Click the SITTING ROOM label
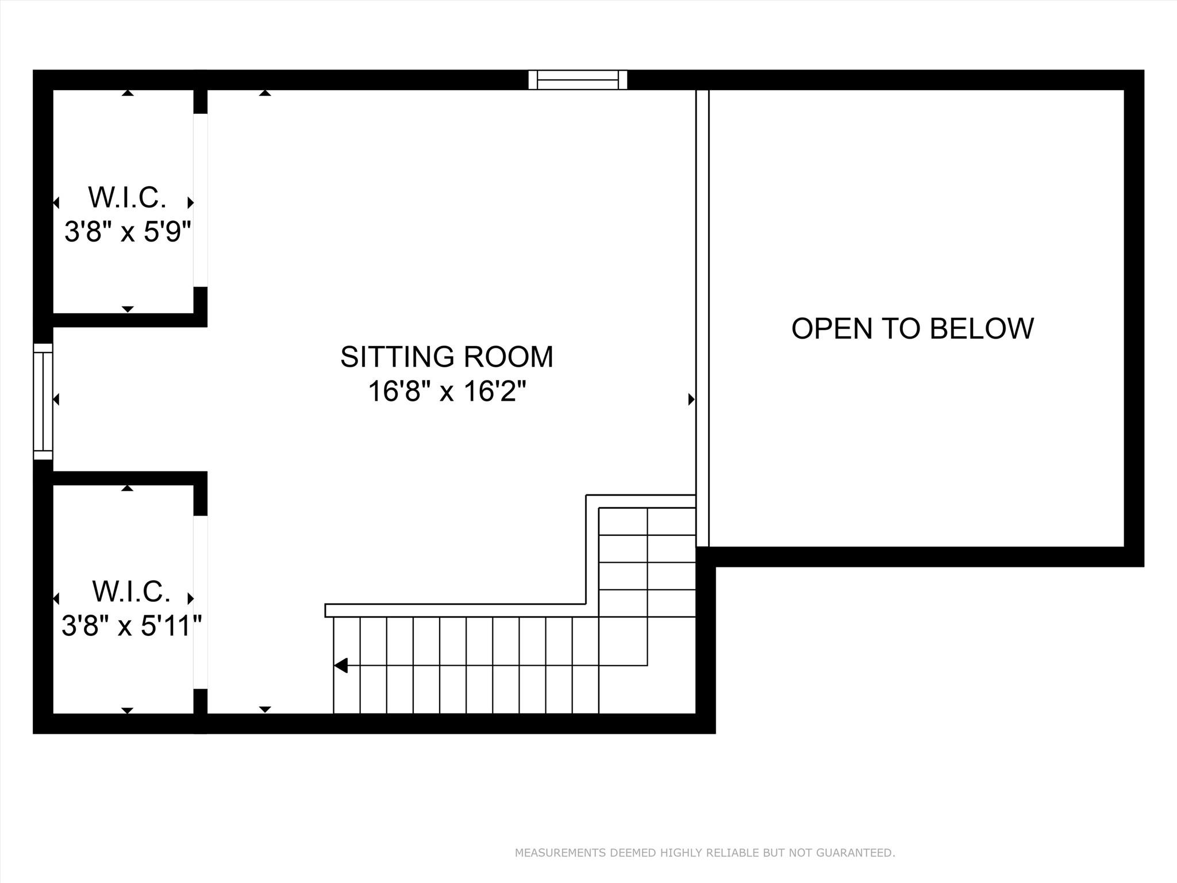pyautogui.click(x=447, y=357)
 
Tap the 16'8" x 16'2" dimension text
pyautogui.click(x=447, y=392)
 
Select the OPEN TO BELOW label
pyautogui.click(x=912, y=329)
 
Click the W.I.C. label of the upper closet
pyautogui.click(x=127, y=198)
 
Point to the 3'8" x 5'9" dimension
pyautogui.click(x=127, y=232)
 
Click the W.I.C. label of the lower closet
pyautogui.click(x=131, y=591)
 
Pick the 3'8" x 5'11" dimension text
pyautogui.click(x=132, y=625)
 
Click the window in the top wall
pyautogui.click(x=578, y=80)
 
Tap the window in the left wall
pyautogui.click(x=43, y=401)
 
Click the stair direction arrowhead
pyautogui.click(x=341, y=666)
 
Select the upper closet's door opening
pyautogui.click(x=200, y=200)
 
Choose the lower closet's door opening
pyautogui.click(x=200, y=602)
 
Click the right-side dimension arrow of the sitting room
pyautogui.click(x=691, y=399)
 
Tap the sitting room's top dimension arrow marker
pyautogui.click(x=264, y=93)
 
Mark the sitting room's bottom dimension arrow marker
pyautogui.click(x=264, y=709)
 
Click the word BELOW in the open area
pyautogui.click(x=982, y=329)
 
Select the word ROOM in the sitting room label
pyautogui.click(x=507, y=357)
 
